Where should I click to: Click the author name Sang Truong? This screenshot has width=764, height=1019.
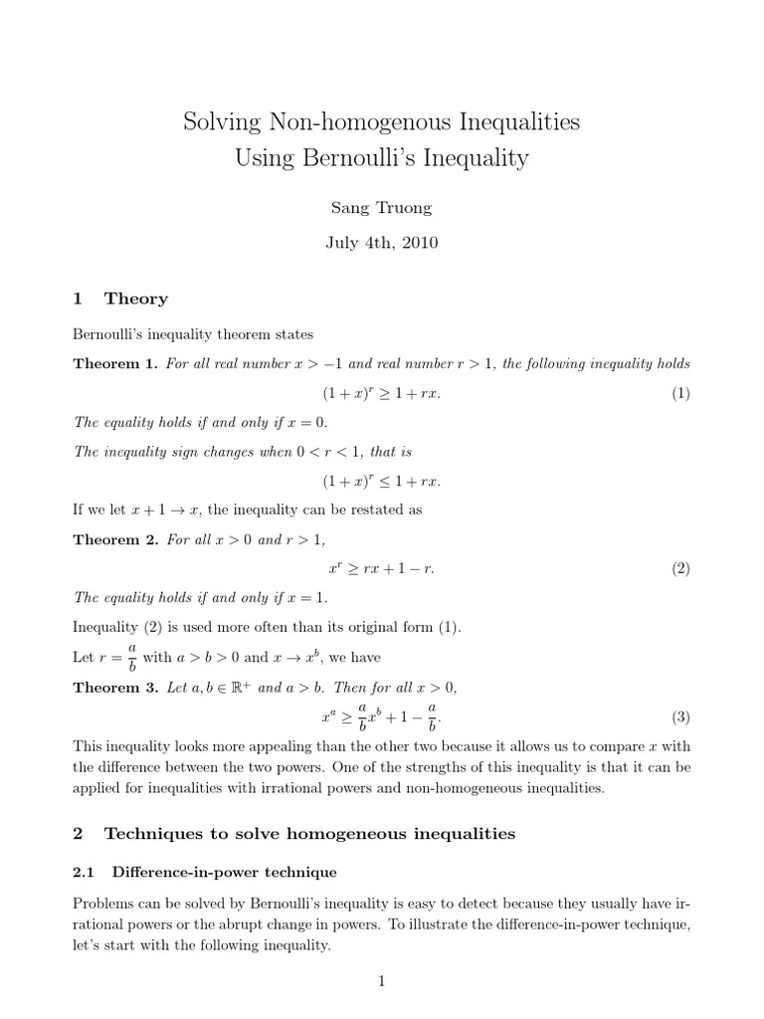click(382, 206)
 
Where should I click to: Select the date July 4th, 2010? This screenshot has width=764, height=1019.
click(382, 241)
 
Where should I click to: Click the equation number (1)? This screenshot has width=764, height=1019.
click(679, 393)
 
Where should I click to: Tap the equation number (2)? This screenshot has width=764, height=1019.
click(679, 569)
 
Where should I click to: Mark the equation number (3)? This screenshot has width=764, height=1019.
click(679, 716)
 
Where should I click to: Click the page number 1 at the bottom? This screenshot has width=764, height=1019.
click(381, 981)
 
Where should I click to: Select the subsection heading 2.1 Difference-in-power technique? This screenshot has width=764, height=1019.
click(205, 872)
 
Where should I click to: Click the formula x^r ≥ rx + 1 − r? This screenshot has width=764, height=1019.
click(381, 569)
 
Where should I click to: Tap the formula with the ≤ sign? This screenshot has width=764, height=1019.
click(381, 481)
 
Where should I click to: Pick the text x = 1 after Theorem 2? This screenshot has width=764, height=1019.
click(302, 598)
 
